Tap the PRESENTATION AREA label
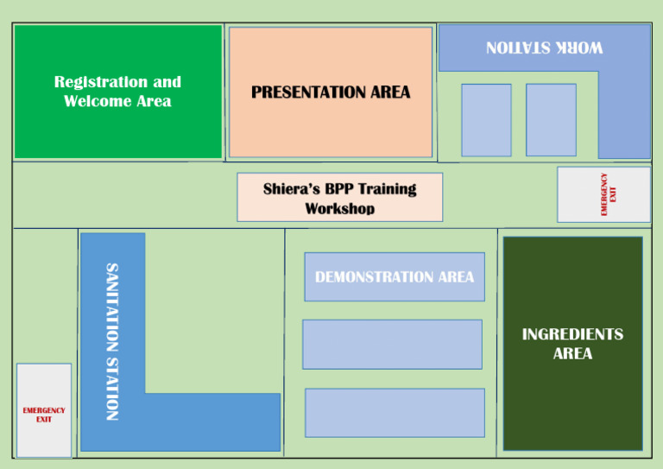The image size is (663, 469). click(x=331, y=92)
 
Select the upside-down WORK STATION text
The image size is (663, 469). click(x=544, y=48)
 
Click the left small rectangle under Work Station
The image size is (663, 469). click(x=486, y=119)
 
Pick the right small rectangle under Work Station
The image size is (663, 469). click(x=551, y=119)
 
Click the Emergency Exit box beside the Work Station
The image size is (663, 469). click(x=603, y=194)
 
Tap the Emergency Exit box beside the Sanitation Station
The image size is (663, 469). click(x=44, y=410)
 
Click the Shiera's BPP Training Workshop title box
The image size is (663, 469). click(x=339, y=197)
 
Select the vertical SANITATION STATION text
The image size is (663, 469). click(x=111, y=341)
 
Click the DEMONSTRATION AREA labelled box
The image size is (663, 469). click(x=395, y=277)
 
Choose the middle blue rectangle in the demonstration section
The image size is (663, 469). click(x=392, y=344)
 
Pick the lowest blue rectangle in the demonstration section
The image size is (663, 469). click(x=395, y=412)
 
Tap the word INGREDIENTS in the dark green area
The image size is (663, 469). click(x=572, y=334)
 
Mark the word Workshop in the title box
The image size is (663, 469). click(x=339, y=208)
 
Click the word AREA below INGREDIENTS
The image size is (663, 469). click(x=572, y=353)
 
